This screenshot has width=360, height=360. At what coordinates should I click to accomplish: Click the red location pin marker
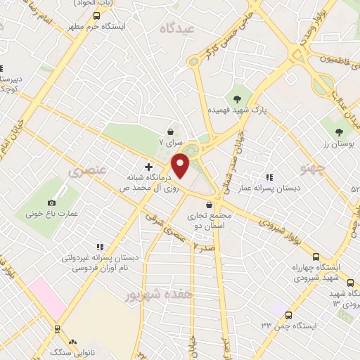pos(181,165)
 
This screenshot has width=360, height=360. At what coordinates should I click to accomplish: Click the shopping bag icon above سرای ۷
pos(171,131)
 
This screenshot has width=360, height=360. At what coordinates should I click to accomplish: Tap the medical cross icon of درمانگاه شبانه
pos(148,167)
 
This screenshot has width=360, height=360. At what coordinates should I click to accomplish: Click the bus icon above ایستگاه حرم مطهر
pos(96,15)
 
